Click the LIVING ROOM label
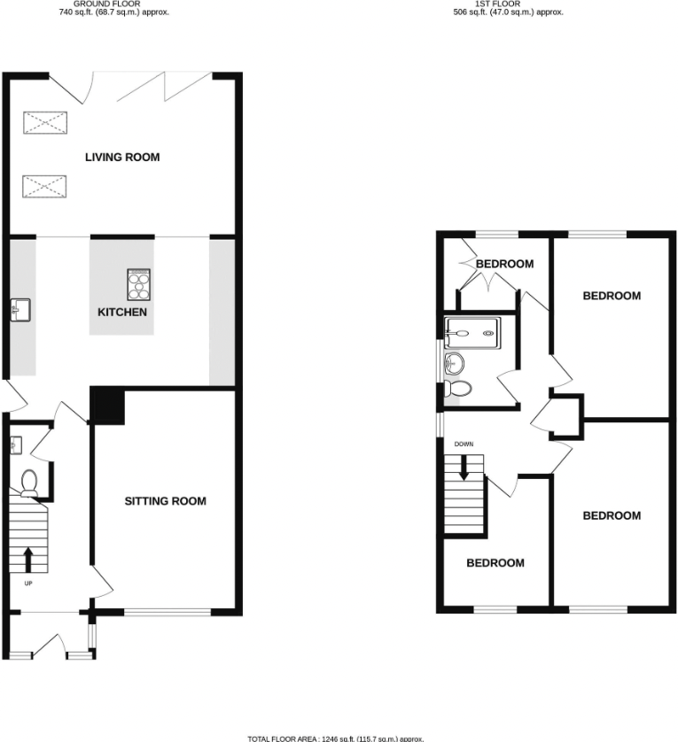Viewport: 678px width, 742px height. point(122,158)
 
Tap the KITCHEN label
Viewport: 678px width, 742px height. point(122,313)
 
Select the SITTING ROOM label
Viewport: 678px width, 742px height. point(165,501)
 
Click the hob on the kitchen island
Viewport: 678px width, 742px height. point(140,286)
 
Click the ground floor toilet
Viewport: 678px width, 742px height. point(28,481)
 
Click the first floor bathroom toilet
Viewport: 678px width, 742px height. point(460,388)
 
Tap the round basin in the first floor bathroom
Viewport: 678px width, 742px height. point(455,361)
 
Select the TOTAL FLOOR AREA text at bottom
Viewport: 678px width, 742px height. point(335,738)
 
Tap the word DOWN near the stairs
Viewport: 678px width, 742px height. point(464,444)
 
